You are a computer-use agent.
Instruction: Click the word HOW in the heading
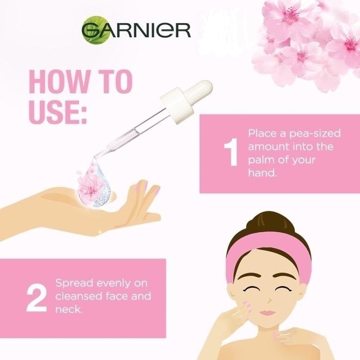(x=59, y=82)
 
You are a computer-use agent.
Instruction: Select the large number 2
(x=37, y=298)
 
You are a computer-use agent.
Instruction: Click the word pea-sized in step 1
(x=314, y=133)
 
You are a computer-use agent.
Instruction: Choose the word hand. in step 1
(x=262, y=173)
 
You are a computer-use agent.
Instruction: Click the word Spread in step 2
(x=74, y=284)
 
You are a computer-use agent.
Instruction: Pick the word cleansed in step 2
(x=79, y=296)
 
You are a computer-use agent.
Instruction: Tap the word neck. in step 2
(x=68, y=309)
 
